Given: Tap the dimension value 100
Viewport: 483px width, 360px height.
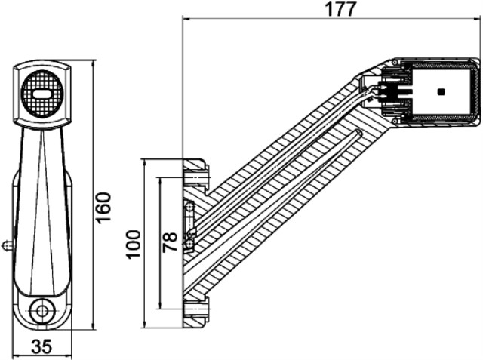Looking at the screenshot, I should pyautogui.click(x=134, y=244).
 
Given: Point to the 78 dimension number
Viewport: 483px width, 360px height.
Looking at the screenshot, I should pyautogui.click(x=171, y=242).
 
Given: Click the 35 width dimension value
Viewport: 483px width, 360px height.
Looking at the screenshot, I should pyautogui.click(x=42, y=346).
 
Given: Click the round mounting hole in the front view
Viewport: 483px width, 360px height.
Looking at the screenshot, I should pyautogui.click(x=42, y=309).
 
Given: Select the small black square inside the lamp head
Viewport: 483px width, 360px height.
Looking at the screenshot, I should pyautogui.click(x=441, y=92).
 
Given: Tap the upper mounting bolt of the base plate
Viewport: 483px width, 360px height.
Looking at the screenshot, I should pyautogui.click(x=196, y=175).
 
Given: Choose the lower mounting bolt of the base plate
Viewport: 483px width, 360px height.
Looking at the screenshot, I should pyautogui.click(x=196, y=311).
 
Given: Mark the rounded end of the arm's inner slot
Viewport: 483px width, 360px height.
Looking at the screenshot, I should pyautogui.click(x=358, y=134).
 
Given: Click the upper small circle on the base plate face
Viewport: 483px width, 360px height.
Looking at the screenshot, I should pyautogui.click(x=189, y=207).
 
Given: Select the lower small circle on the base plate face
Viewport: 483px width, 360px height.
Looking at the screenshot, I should pyautogui.click(x=189, y=244).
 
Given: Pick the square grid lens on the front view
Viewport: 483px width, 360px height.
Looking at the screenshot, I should pyautogui.click(x=42, y=94).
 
